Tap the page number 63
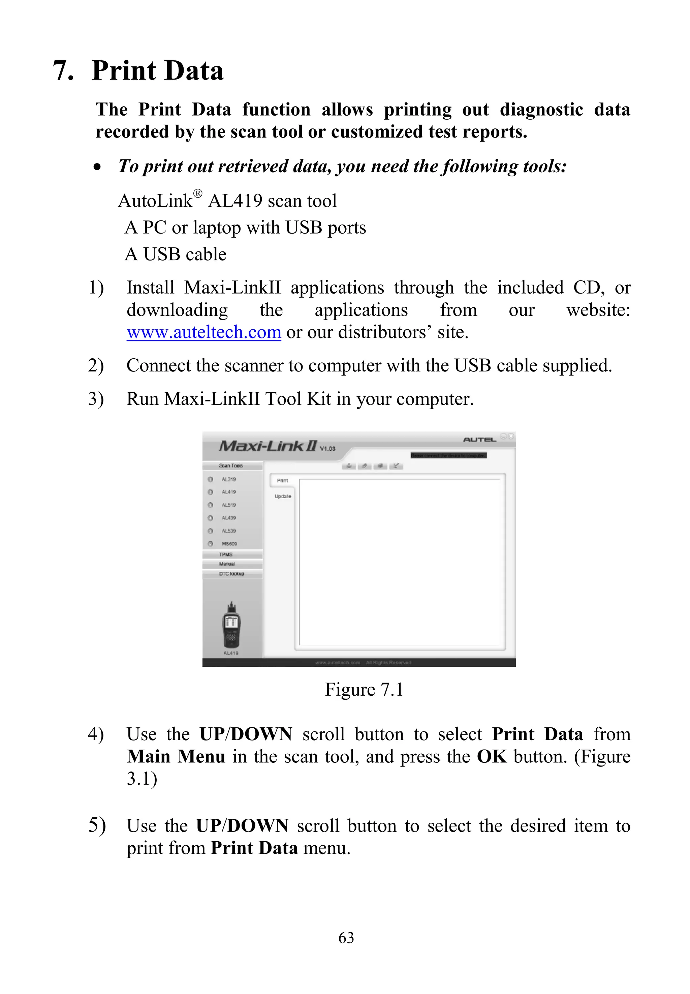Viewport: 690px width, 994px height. [x=346, y=937]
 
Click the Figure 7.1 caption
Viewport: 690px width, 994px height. [x=364, y=689]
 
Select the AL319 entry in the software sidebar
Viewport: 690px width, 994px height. [x=229, y=479]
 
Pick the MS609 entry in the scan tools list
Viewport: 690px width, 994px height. [x=229, y=544]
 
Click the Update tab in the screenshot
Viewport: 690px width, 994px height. [x=283, y=496]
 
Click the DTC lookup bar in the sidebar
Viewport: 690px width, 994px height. [x=231, y=574]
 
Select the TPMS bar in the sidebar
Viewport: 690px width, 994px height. [x=226, y=554]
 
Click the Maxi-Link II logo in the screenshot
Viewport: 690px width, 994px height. [x=268, y=446]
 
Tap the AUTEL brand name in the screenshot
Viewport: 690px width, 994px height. [x=479, y=440]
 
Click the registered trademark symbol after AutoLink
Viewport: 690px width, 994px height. [x=197, y=193]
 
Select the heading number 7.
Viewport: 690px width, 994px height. [x=63, y=70]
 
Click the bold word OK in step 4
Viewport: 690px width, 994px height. [x=492, y=756]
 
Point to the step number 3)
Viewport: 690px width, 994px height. [x=96, y=399]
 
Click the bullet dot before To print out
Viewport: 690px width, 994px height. [x=98, y=167]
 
